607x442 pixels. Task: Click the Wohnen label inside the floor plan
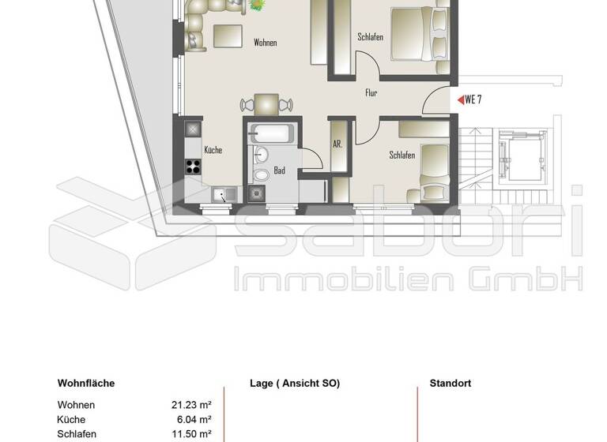265,43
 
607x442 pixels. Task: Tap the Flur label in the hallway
371,93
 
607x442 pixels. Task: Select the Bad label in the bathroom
279,170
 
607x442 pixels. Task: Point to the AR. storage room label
337,145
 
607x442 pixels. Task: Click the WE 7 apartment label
473,99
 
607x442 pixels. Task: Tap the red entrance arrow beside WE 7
460,100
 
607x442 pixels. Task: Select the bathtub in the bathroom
270,134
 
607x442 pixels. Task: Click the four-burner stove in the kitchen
193,166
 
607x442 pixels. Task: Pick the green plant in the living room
258,4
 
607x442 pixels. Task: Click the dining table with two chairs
266,103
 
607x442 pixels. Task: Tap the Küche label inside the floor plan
213,149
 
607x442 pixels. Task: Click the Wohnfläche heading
86,384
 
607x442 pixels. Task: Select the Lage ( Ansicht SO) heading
295,384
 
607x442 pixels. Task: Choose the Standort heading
451,384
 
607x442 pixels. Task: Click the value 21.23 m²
191,405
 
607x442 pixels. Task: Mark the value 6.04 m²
194,420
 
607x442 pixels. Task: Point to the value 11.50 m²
191,434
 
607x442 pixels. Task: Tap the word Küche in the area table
71,420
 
